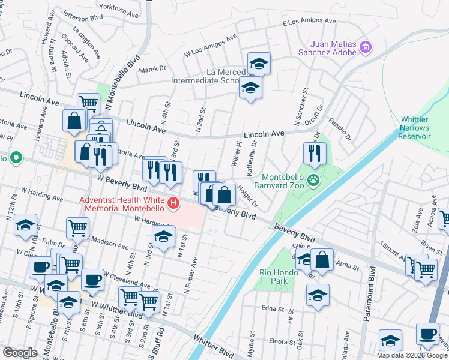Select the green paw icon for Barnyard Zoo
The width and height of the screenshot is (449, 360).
(x=313, y=179)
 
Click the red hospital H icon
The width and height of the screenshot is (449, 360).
(x=173, y=203)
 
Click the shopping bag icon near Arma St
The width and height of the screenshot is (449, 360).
(x=322, y=260)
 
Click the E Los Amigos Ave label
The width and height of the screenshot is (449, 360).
(x=309, y=22)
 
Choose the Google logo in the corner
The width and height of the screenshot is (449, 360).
(x=20, y=352)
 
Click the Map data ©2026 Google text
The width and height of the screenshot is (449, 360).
(x=412, y=355)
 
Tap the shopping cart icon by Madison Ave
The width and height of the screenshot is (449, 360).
(x=77, y=228)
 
